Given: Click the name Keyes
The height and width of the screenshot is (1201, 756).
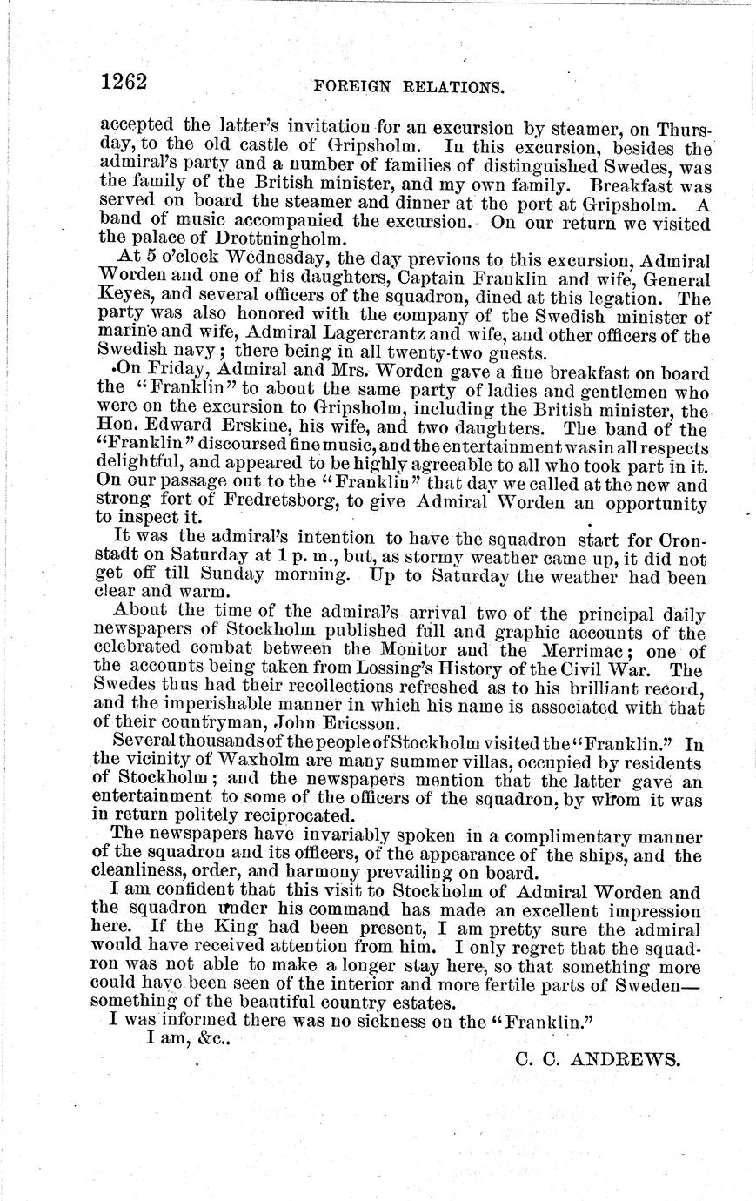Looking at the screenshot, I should [x=122, y=297].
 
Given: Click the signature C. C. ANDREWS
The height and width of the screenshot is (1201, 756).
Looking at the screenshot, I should [x=597, y=1060].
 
